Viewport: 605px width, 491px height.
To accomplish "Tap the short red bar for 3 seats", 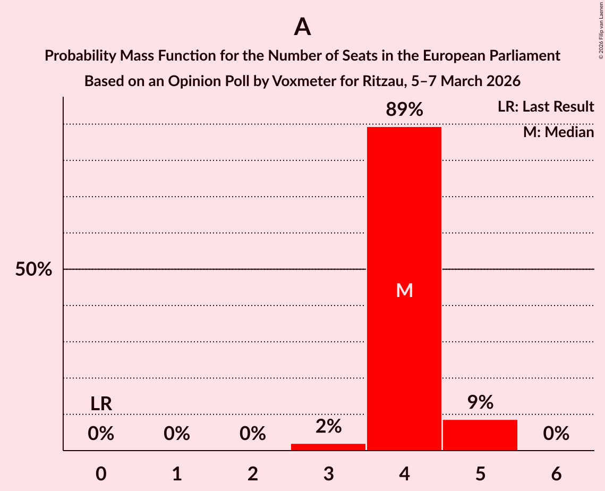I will (328, 447).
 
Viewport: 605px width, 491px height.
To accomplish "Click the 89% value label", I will (404, 110).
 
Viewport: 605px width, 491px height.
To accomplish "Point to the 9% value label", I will (480, 403).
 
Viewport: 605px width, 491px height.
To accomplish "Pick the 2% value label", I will (328, 426).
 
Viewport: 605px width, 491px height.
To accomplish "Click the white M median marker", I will (404, 290).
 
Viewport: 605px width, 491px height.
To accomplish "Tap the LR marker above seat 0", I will (101, 404).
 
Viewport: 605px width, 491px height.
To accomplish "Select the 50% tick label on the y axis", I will (33, 269).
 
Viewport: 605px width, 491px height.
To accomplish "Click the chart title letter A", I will (302, 27).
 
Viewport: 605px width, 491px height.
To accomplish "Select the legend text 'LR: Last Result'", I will (546, 107).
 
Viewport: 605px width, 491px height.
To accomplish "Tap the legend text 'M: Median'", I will (558, 132).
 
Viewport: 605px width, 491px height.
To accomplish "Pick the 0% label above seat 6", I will (556, 434).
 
